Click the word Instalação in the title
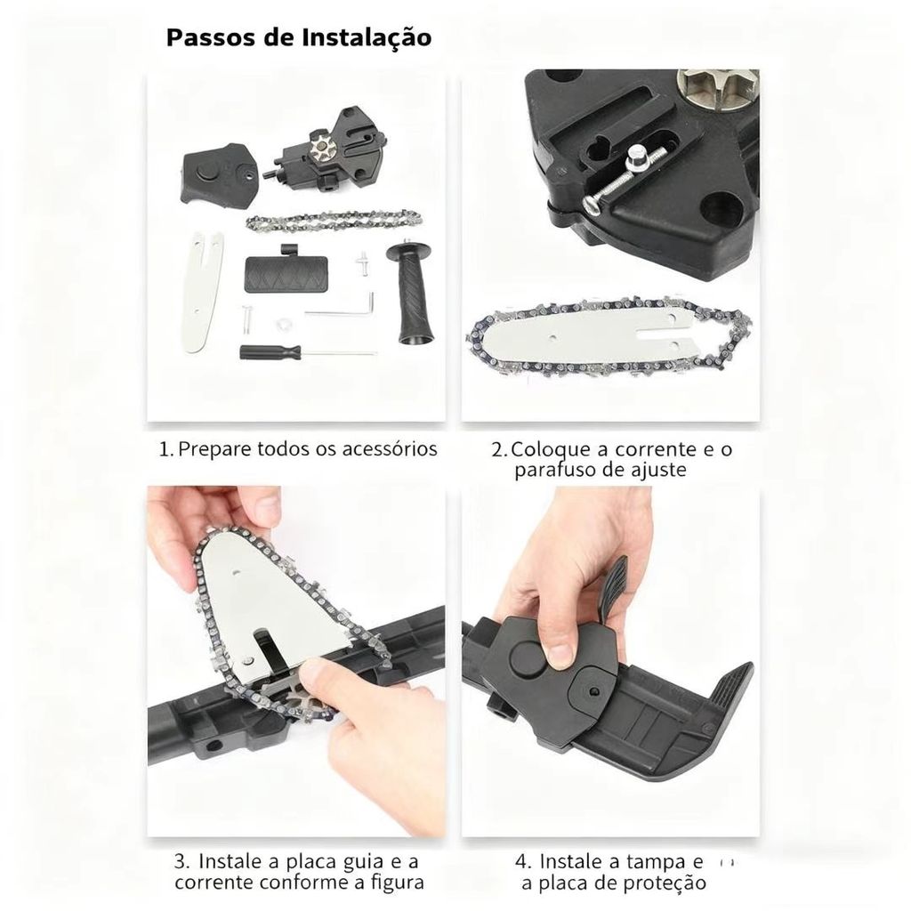click(x=367, y=37)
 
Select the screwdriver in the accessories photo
click(x=308, y=352)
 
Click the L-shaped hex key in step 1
click(x=341, y=309)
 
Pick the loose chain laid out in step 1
click(x=334, y=221)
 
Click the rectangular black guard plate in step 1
click(x=286, y=272)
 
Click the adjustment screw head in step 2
click(x=638, y=157)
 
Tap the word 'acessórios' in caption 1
click(x=389, y=448)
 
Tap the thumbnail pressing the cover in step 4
click(x=560, y=656)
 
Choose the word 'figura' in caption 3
click(x=398, y=883)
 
